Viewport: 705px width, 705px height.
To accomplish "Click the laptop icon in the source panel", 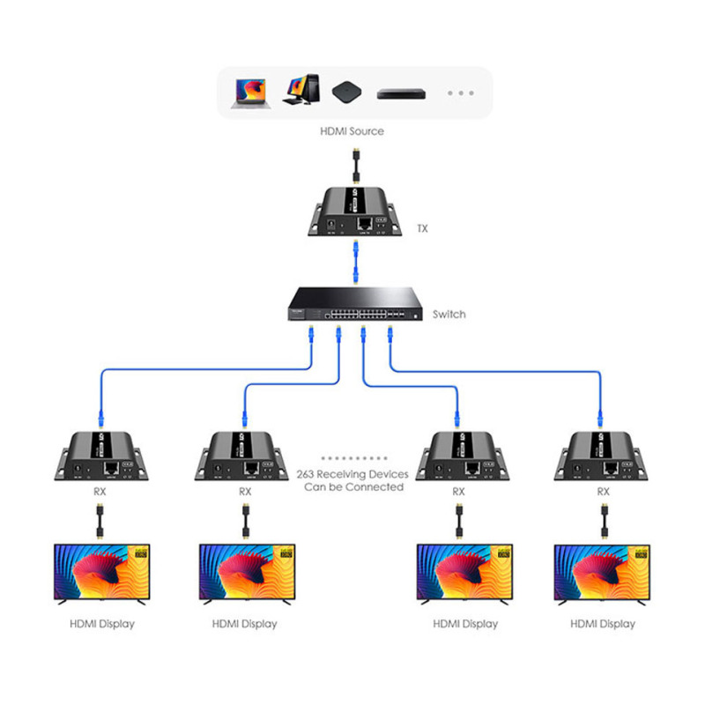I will point(249,91).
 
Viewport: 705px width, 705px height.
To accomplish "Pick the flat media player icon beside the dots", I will point(401,93).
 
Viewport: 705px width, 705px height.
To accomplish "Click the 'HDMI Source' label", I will point(352,131).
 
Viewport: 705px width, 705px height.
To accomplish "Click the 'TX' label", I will point(423,228).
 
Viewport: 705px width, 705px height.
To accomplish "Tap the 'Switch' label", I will point(449,314).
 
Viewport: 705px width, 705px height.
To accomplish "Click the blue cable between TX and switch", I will point(352,260).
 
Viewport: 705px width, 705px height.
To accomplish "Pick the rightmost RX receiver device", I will point(603,456).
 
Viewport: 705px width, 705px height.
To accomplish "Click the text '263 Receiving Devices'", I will point(352,473).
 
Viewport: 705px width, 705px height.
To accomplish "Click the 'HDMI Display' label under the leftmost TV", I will point(102,624).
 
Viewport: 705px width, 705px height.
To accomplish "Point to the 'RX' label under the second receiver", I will point(244,492).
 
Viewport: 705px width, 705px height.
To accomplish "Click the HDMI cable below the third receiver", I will point(459,523).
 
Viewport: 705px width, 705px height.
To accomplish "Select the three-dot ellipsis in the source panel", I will point(461,93).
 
